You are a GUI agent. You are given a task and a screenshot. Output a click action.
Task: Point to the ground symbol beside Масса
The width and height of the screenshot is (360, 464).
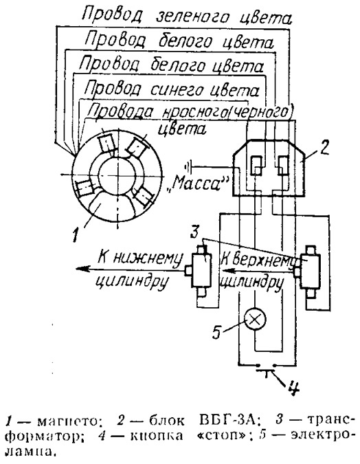188,168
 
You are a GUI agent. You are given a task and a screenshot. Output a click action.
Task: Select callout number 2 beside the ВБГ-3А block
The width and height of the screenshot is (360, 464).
324,147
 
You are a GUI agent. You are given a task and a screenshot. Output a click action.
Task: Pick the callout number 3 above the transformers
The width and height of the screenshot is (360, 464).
194,232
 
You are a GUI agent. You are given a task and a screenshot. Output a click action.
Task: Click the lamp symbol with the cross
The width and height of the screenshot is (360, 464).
255,320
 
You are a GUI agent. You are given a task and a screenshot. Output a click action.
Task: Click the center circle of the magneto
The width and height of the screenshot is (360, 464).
117,175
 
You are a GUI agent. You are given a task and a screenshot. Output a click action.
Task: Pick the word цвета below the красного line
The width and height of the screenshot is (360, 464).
182,130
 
